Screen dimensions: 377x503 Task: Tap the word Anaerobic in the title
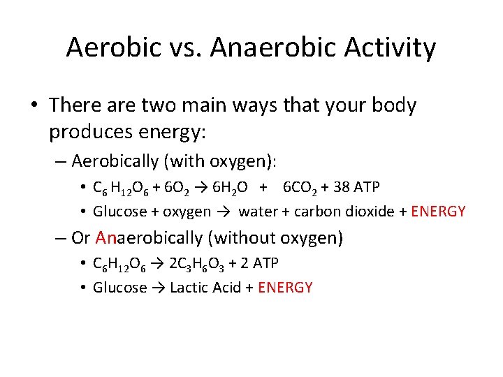point(270,47)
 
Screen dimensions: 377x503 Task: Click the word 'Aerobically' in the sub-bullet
point(115,161)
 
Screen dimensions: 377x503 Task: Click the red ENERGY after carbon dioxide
point(439,212)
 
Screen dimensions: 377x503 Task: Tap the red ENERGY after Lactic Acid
point(285,288)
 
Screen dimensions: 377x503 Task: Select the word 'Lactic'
point(191,288)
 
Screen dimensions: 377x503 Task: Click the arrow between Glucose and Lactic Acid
point(159,288)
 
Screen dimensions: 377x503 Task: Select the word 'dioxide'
point(370,212)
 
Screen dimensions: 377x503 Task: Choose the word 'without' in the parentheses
point(245,238)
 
